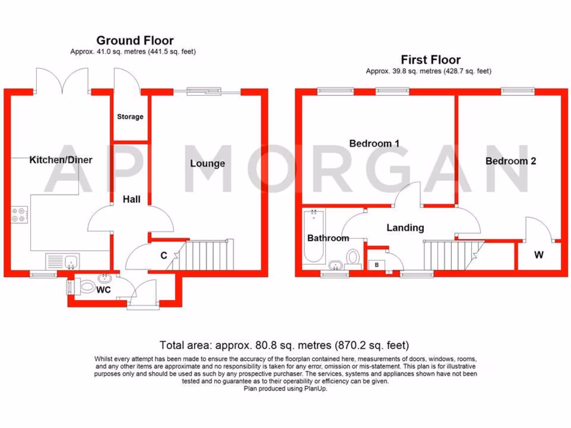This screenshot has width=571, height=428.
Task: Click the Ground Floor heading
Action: (x=134, y=40)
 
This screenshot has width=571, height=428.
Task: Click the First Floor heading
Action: (x=430, y=60)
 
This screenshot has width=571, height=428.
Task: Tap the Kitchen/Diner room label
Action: (x=61, y=160)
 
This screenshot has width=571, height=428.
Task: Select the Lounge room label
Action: (x=207, y=163)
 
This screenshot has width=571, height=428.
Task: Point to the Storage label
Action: (x=130, y=117)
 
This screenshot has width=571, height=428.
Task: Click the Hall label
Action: (x=132, y=199)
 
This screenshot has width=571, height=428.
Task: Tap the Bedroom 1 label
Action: (x=374, y=143)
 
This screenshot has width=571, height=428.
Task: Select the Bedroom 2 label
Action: (x=511, y=161)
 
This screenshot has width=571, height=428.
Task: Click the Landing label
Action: (x=405, y=227)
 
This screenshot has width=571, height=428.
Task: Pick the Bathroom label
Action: (x=328, y=238)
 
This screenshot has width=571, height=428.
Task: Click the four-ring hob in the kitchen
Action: (x=19, y=215)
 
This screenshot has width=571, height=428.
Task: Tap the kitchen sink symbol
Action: (x=62, y=261)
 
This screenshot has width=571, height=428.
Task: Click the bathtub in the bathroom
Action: (x=313, y=237)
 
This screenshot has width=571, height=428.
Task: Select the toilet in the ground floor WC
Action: (x=87, y=288)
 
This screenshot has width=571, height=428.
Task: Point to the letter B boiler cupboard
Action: (x=376, y=265)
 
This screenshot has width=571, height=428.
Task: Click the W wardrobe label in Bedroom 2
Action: (x=538, y=255)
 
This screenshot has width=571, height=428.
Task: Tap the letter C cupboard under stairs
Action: (x=163, y=256)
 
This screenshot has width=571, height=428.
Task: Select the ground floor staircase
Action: (x=209, y=254)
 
